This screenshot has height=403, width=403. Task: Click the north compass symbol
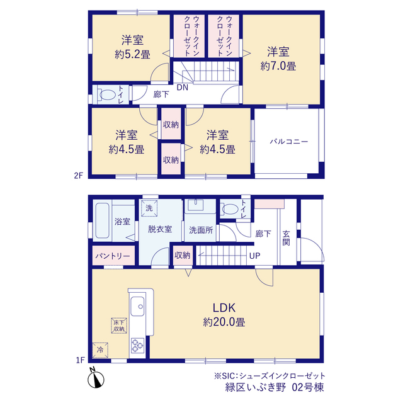(96, 378)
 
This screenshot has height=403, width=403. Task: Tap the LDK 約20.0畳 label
(224, 315)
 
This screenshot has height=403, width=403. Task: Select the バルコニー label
(288, 142)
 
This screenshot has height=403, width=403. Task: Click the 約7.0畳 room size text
(278, 66)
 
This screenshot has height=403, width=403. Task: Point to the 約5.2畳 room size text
(132, 55)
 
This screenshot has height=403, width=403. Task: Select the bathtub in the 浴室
(102, 220)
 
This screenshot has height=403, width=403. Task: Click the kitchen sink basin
(137, 306)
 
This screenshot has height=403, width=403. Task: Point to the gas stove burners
(137, 346)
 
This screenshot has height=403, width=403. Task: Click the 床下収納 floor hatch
(119, 326)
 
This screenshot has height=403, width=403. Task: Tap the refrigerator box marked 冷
(100, 350)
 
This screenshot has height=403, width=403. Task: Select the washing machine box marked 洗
(149, 208)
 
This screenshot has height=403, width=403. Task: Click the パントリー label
(113, 256)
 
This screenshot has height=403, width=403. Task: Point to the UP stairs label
(254, 256)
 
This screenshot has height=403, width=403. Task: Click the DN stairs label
(183, 88)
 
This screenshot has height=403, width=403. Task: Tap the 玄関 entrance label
(286, 238)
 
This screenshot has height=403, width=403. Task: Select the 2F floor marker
(79, 176)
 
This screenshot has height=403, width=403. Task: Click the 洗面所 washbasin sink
(196, 205)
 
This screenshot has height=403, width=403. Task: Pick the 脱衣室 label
(160, 229)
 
